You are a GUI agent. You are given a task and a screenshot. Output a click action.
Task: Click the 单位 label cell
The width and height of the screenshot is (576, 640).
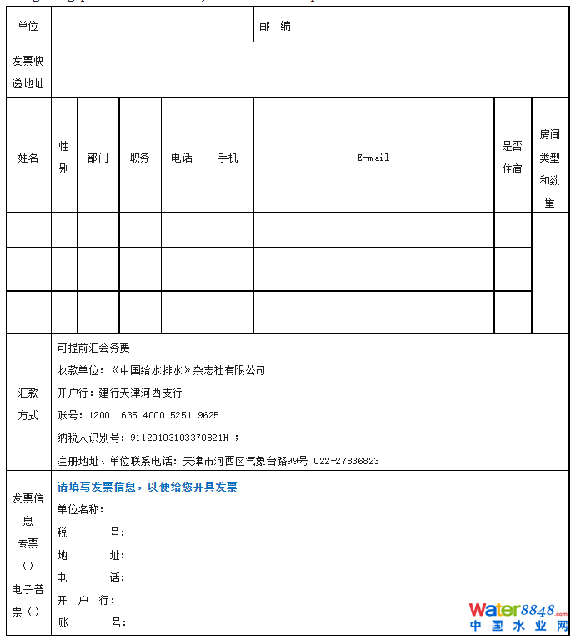click(28, 26)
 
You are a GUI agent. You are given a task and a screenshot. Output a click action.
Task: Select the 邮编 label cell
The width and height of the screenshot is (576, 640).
click(275, 26)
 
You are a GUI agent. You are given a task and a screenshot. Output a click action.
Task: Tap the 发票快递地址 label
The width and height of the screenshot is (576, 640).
click(28, 72)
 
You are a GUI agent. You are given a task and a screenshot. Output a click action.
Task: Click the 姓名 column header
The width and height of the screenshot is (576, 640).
click(28, 157)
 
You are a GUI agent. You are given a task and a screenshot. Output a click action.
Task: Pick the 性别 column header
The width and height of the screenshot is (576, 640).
click(64, 157)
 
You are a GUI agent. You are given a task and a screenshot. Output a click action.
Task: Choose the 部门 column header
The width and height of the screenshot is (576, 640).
click(98, 157)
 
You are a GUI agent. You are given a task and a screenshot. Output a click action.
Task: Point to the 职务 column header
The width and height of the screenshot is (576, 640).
click(140, 157)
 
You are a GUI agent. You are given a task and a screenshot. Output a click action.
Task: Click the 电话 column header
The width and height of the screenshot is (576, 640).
click(182, 157)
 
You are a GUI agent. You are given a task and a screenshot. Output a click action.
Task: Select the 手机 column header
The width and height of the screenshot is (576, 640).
click(228, 157)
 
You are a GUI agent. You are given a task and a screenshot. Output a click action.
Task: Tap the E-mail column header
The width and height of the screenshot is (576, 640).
click(373, 157)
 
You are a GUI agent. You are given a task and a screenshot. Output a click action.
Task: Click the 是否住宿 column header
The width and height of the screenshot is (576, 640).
click(512, 157)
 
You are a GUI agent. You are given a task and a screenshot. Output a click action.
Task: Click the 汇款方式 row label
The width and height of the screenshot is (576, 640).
click(28, 404)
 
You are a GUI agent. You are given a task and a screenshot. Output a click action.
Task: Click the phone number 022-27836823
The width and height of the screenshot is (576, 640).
click(346, 460)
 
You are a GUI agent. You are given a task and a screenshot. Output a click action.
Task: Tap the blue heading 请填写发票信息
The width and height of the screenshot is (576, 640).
click(147, 487)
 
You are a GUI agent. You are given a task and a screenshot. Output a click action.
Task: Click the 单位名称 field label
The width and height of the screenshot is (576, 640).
click(80, 509)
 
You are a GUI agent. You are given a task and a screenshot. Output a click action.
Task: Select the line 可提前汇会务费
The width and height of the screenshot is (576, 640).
click(93, 347)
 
